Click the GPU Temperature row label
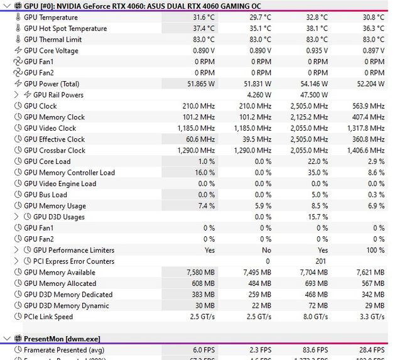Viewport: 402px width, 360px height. (51, 18)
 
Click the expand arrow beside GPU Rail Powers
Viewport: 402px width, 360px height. (17, 95)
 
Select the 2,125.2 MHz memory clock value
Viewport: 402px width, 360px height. (308, 117)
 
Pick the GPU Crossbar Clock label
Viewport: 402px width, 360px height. (55, 150)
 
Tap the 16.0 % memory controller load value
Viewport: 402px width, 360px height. (204, 172)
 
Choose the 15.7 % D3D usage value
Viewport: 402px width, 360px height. (316, 217)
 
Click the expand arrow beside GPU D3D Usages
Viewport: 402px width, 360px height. (17, 217)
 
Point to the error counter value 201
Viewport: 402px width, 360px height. (321, 261)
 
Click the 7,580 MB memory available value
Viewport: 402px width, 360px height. (200, 273)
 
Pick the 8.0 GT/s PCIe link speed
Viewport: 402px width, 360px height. (313, 317)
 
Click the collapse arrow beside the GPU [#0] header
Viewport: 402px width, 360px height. (6, 6)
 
